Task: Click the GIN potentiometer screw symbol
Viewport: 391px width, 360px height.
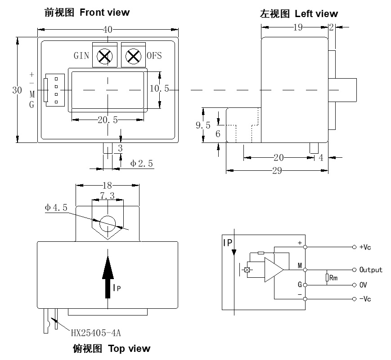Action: pyautogui.click(x=105, y=56)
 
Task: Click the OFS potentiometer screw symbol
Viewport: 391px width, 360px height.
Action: pyautogui.click(x=133, y=56)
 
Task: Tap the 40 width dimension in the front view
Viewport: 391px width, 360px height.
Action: pyautogui.click(x=108, y=30)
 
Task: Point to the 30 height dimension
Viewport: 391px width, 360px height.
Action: pyautogui.click(x=17, y=90)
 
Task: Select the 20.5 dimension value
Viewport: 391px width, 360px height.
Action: pyautogui.click(x=108, y=120)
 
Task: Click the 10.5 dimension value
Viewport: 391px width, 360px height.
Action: pyautogui.click(x=159, y=89)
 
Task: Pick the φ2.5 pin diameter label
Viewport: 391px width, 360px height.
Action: pyautogui.click(x=142, y=164)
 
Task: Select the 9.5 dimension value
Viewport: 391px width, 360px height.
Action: pyautogui.click(x=202, y=125)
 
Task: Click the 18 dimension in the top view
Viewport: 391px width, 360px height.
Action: pyautogui.click(x=107, y=185)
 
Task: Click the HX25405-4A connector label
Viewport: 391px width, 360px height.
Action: pyautogui.click(x=96, y=333)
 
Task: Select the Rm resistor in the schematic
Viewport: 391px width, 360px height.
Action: pyautogui.click(x=327, y=278)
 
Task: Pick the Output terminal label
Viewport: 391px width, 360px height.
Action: pyautogui.click(x=371, y=270)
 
